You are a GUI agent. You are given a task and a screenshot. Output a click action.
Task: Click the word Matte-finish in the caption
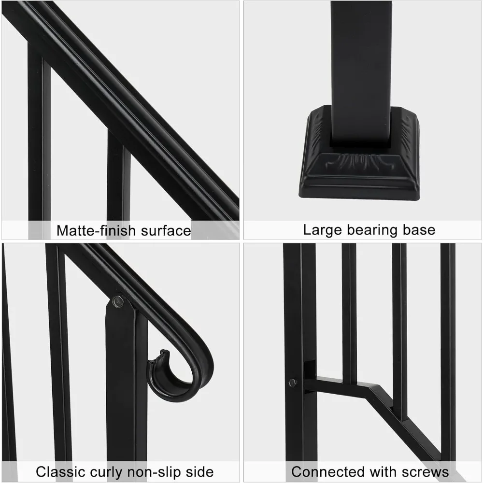coord(96,230)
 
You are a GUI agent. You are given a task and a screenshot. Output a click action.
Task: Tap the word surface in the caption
coord(166,230)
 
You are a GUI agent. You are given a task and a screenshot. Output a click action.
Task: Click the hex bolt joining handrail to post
coord(117,302)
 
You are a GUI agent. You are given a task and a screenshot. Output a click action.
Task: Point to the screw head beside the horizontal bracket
coord(292,383)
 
